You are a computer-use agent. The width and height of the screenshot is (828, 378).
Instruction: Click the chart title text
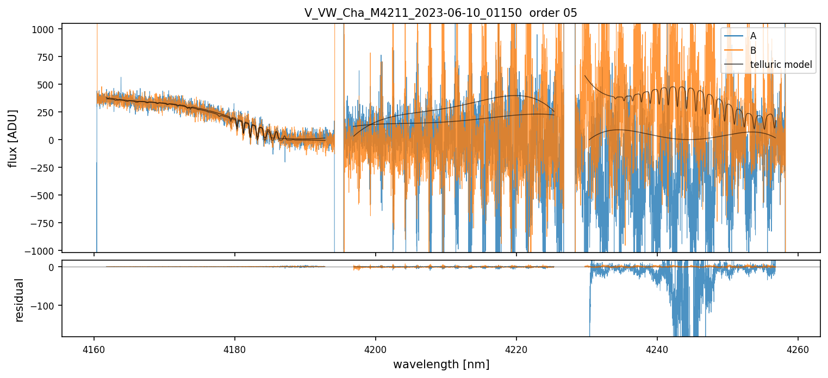click(x=441, y=13)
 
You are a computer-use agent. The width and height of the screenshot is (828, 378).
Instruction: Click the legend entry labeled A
click(x=753, y=36)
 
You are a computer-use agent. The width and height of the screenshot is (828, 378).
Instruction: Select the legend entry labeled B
click(x=753, y=51)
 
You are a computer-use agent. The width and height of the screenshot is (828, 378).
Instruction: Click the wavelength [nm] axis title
click(x=441, y=364)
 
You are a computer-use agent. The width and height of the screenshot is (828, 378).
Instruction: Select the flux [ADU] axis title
click(x=13, y=138)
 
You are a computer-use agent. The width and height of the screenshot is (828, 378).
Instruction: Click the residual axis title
click(x=20, y=300)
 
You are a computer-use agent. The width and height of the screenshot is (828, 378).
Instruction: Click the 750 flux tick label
click(x=48, y=57)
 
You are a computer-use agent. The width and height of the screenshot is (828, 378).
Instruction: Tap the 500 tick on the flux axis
click(x=48, y=85)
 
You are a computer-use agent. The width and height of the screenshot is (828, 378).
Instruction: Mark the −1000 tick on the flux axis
click(x=41, y=250)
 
